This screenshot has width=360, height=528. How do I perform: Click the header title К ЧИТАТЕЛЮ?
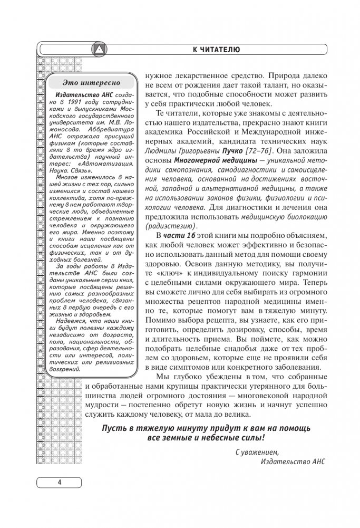tap(216, 50)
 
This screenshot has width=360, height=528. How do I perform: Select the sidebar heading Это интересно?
tap(91, 82)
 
